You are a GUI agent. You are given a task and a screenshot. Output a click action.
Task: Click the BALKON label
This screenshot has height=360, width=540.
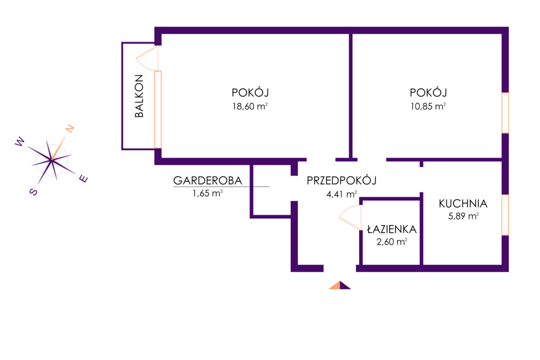point(139,96)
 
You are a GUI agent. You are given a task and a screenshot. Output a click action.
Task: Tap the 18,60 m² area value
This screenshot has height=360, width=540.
point(250,106)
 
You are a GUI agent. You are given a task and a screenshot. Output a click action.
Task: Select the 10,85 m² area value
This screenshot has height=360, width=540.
point(428,106)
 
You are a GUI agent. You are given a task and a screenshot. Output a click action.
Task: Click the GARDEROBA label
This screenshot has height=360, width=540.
point(208,180)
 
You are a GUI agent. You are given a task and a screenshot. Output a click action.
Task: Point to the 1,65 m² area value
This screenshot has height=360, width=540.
point(208,193)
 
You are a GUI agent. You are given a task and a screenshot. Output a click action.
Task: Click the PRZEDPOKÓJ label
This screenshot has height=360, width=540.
point(341,180)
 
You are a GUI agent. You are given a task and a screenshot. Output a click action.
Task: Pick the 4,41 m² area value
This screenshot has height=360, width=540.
point(342,194)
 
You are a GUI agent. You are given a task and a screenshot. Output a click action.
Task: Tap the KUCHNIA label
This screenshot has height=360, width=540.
point(463,204)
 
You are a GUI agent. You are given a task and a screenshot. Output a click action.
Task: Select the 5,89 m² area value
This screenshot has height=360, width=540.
point(463,216)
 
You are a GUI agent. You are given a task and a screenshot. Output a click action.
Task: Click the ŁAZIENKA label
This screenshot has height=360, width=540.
point(392,229)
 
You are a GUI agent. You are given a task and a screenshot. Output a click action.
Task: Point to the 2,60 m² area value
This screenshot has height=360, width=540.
point(392,241)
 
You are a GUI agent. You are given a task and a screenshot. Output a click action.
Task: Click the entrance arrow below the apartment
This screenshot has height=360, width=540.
point(340,285)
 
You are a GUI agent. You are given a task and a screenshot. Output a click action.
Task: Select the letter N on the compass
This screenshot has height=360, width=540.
point(70,129)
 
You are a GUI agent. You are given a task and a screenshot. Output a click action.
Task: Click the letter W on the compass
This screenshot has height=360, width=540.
point(20,141)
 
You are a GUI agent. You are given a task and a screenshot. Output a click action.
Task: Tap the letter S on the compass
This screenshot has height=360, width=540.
point(33,192)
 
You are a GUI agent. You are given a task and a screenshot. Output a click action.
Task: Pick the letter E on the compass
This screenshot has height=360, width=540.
point(84,179)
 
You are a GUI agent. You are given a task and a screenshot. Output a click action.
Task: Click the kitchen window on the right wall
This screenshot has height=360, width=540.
point(505,215)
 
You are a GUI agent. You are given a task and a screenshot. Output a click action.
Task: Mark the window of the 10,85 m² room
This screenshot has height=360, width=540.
point(505,113)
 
